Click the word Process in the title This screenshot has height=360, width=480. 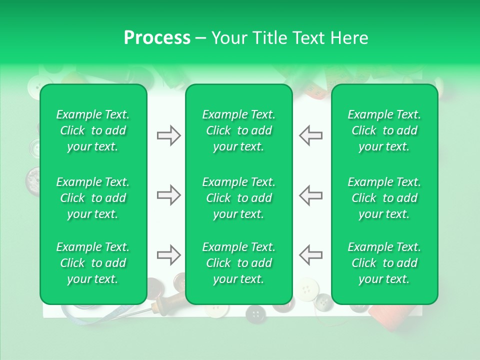point(157,38)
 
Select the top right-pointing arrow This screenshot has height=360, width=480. point(168,135)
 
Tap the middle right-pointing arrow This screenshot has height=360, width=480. point(168,195)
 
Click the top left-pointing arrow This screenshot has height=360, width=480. point(310,135)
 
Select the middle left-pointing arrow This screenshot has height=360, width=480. point(310,195)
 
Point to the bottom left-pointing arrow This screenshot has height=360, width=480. point(310,254)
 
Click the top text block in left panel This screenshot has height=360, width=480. point(93,130)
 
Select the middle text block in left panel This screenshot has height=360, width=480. point(93,198)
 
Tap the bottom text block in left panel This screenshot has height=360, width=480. point(93,263)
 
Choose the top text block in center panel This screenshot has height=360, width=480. point(238,130)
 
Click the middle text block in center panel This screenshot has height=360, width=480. point(238,198)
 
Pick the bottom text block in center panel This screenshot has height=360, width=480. point(238,263)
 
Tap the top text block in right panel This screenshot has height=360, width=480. point(384,130)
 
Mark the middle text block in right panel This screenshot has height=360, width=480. point(384,198)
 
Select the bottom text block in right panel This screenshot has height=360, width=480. point(384,263)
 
